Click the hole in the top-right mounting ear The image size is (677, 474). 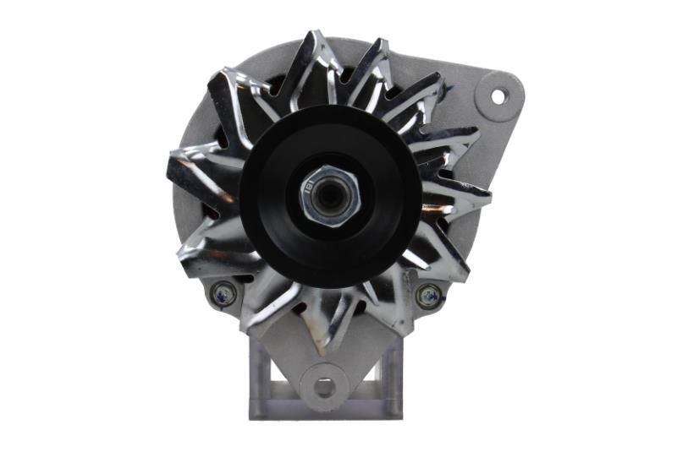tap(498, 97)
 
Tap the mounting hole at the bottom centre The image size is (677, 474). tap(324, 387)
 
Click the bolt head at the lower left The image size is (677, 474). tap(223, 292)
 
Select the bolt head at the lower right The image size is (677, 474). tap(428, 295)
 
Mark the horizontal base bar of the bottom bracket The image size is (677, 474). tap(324, 411)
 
